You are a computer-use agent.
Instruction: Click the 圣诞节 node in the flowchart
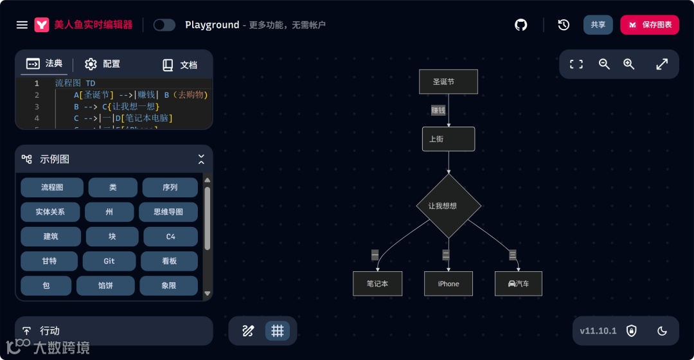pyautogui.click(x=448, y=82)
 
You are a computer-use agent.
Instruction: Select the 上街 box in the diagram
pyautogui.click(x=448, y=139)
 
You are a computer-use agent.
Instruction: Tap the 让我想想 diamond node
pyautogui.click(x=448, y=206)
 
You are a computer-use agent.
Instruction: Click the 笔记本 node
pyautogui.click(x=377, y=283)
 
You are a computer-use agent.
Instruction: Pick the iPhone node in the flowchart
pyautogui.click(x=448, y=283)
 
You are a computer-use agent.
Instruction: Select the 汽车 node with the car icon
pyautogui.click(x=518, y=283)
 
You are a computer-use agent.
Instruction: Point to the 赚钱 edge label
pyautogui.click(x=438, y=111)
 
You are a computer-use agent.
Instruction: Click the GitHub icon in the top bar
pyautogui.click(x=520, y=24)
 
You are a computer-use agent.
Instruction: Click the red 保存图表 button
pyautogui.click(x=649, y=24)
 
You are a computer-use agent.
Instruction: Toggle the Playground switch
pyautogui.click(x=165, y=25)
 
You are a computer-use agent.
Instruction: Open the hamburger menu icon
pyautogui.click(x=22, y=25)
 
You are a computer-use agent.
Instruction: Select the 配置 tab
pyautogui.click(x=103, y=64)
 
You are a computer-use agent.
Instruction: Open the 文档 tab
pyautogui.click(x=179, y=65)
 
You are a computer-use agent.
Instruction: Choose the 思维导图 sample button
pyautogui.click(x=168, y=212)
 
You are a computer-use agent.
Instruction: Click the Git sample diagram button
pyautogui.click(x=109, y=261)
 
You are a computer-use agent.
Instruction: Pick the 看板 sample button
pyautogui.click(x=169, y=261)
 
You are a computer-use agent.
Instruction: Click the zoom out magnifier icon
pyautogui.click(x=604, y=64)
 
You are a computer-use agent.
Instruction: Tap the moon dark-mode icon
pyautogui.click(x=662, y=331)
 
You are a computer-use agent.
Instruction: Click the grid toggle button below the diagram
pyautogui.click(x=278, y=331)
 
